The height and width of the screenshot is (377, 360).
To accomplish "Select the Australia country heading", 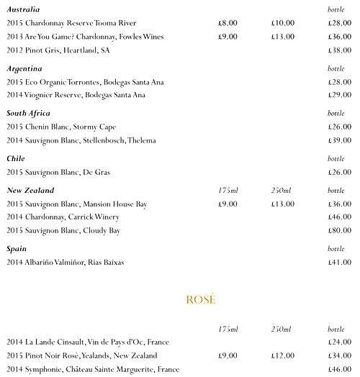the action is (24, 9).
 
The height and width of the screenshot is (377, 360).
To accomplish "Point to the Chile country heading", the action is (16, 158).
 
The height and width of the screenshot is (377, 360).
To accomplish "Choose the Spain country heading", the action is (17, 249).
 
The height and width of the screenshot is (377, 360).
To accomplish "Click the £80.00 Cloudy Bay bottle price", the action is (338, 231).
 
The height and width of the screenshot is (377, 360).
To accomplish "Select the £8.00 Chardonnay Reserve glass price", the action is (228, 23).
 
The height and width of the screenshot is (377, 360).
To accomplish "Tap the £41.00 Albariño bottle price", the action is (338, 263).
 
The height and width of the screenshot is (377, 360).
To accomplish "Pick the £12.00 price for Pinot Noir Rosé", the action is (283, 355).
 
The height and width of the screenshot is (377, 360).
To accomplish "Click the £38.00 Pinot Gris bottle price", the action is (338, 51).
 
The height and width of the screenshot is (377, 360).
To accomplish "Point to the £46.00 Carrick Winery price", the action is (338, 217).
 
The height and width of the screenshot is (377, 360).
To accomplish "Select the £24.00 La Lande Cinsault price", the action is (338, 342).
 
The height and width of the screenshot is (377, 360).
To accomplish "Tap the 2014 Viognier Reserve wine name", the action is (76, 95).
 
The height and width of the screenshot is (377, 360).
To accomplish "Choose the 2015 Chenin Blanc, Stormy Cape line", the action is (61, 127).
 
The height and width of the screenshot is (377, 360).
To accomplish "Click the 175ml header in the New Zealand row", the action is (228, 191).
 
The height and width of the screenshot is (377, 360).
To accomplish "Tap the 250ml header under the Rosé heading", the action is (282, 329).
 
